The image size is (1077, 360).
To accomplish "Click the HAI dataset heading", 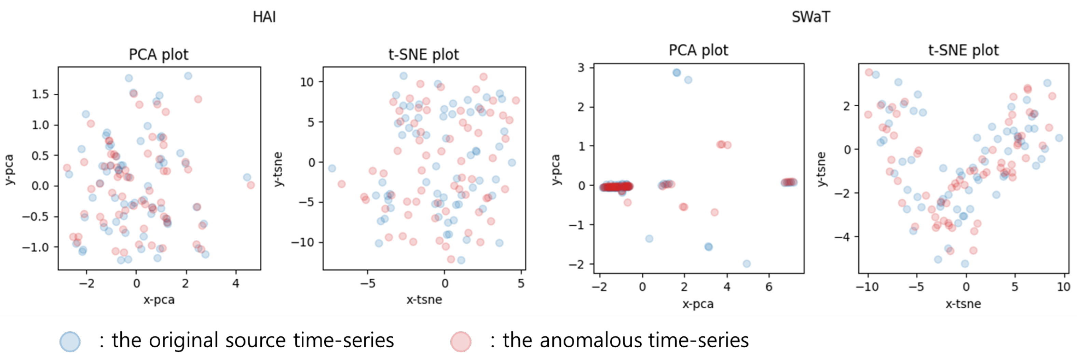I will click(264, 17).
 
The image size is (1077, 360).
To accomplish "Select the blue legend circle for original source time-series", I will click(70, 341).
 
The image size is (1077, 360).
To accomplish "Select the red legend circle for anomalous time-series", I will click(461, 341).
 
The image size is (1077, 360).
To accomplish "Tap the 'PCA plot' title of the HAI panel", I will click(159, 54).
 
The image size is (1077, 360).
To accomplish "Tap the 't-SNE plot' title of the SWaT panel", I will click(963, 50).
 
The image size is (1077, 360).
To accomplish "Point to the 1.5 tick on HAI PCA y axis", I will click(41, 94).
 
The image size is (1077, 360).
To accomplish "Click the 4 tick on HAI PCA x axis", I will click(236, 283).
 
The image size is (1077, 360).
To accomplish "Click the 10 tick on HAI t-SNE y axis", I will click(307, 82).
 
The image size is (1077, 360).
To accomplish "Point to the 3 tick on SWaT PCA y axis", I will click(581, 67).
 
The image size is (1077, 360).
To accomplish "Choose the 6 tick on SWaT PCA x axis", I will click(768, 287).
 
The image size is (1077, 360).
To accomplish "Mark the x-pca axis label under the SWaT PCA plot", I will click(698, 304).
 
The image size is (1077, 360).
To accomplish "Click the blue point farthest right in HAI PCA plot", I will click(247, 177).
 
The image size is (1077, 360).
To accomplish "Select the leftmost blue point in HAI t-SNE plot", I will click(332, 168).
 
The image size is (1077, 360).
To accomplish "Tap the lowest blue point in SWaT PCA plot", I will click(747, 263).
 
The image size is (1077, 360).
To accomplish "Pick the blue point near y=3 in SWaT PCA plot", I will click(677, 72).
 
